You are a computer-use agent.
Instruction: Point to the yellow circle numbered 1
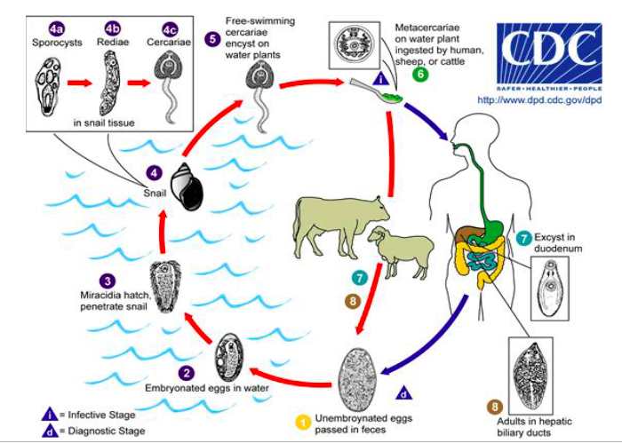point(303,422)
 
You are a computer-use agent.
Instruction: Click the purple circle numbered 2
point(187,375)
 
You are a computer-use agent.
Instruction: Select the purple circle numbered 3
point(107,281)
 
